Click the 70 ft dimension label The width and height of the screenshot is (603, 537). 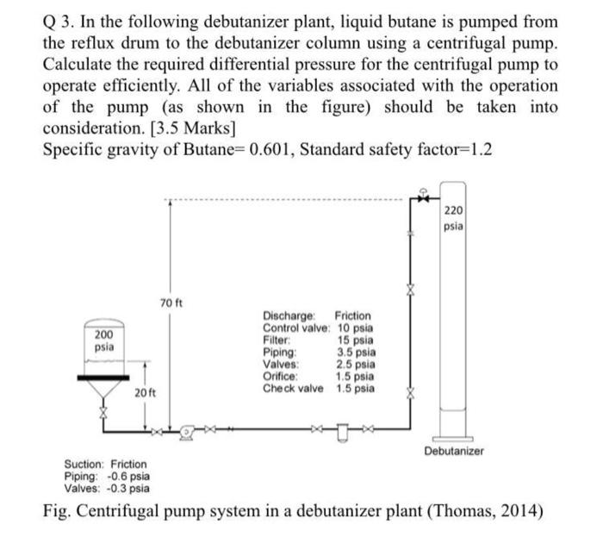tap(170, 303)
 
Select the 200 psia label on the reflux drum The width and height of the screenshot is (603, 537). tap(103, 340)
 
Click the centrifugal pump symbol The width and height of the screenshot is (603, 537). tap(185, 429)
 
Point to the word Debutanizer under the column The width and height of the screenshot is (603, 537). tap(454, 451)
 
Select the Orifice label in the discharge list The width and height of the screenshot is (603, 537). tap(280, 377)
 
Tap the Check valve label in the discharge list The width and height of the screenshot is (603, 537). tap(294, 389)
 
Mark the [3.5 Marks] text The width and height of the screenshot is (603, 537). tap(191, 127)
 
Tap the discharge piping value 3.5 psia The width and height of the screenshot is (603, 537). tap(355, 353)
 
